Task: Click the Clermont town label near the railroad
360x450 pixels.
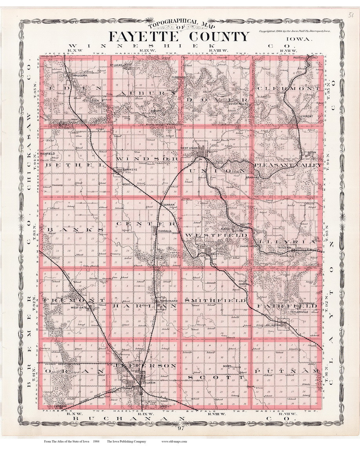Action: coord(305,116)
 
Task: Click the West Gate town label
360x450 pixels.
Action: coord(78,308)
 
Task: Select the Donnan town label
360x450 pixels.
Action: coord(168,205)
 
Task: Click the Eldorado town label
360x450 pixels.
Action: coord(178,77)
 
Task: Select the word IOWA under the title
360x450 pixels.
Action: coord(299,39)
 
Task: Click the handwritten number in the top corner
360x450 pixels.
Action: coord(351,15)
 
